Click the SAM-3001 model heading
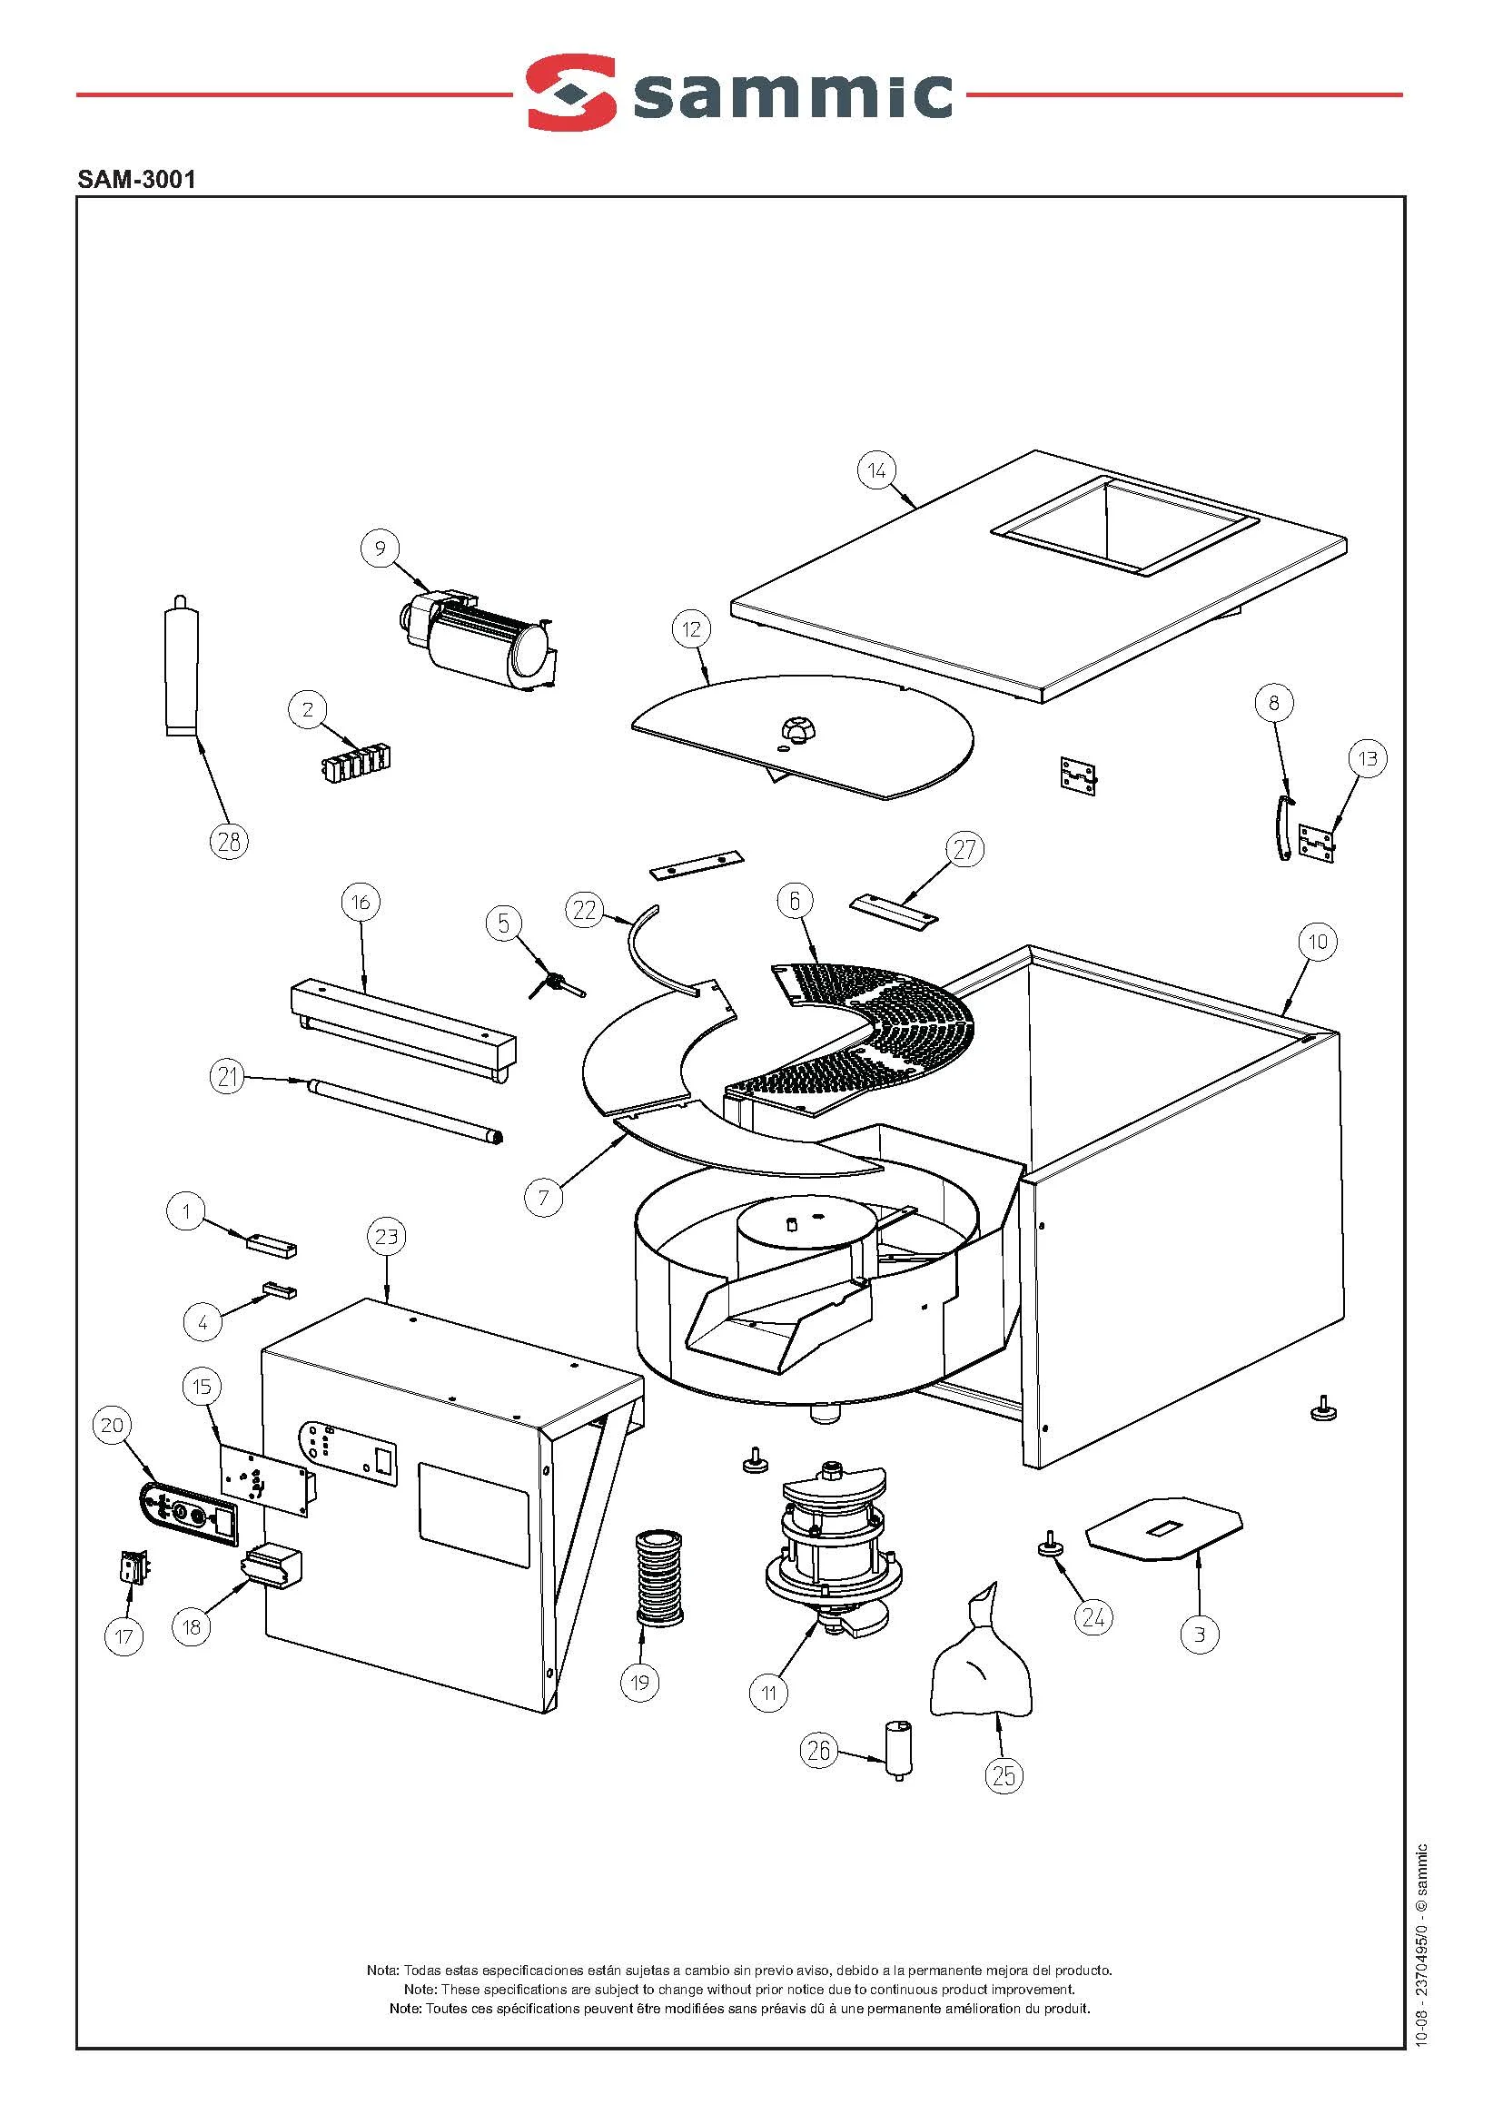(137, 180)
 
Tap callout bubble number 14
(876, 470)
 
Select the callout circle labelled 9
(380, 548)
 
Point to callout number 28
(229, 840)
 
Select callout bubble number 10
(1317, 943)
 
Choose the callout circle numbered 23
(387, 1236)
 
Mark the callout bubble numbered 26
(819, 1749)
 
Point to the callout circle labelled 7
(543, 1197)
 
